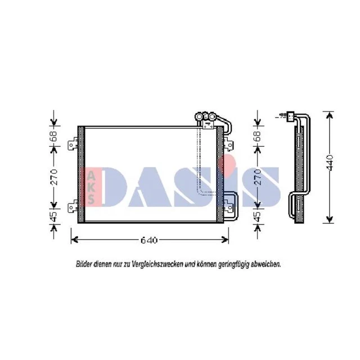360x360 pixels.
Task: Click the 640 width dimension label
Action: (x=149, y=240)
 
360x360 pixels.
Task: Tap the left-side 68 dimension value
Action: (x=53, y=136)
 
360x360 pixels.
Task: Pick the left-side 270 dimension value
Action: (x=54, y=177)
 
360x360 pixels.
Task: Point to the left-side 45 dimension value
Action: (x=53, y=217)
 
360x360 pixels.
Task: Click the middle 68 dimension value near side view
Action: (x=258, y=136)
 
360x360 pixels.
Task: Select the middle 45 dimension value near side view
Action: (x=258, y=217)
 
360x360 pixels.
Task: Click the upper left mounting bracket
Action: (x=73, y=144)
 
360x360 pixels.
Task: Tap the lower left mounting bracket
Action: (x=73, y=206)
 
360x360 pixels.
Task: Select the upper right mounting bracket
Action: (x=228, y=144)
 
